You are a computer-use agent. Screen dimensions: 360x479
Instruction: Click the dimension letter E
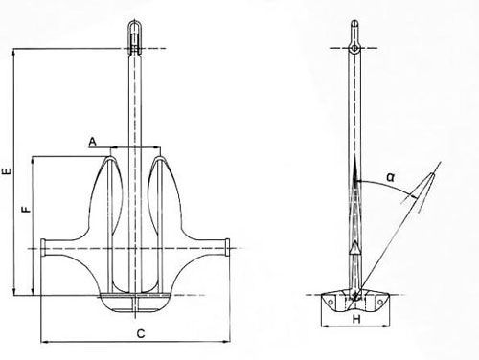pyautogui.click(x=7, y=172)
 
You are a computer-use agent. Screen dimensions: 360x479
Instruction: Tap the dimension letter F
pyautogui.click(x=27, y=206)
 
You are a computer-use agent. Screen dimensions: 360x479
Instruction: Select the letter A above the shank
pyautogui.click(x=92, y=141)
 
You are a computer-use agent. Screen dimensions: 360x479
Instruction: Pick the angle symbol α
pyautogui.click(x=391, y=176)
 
